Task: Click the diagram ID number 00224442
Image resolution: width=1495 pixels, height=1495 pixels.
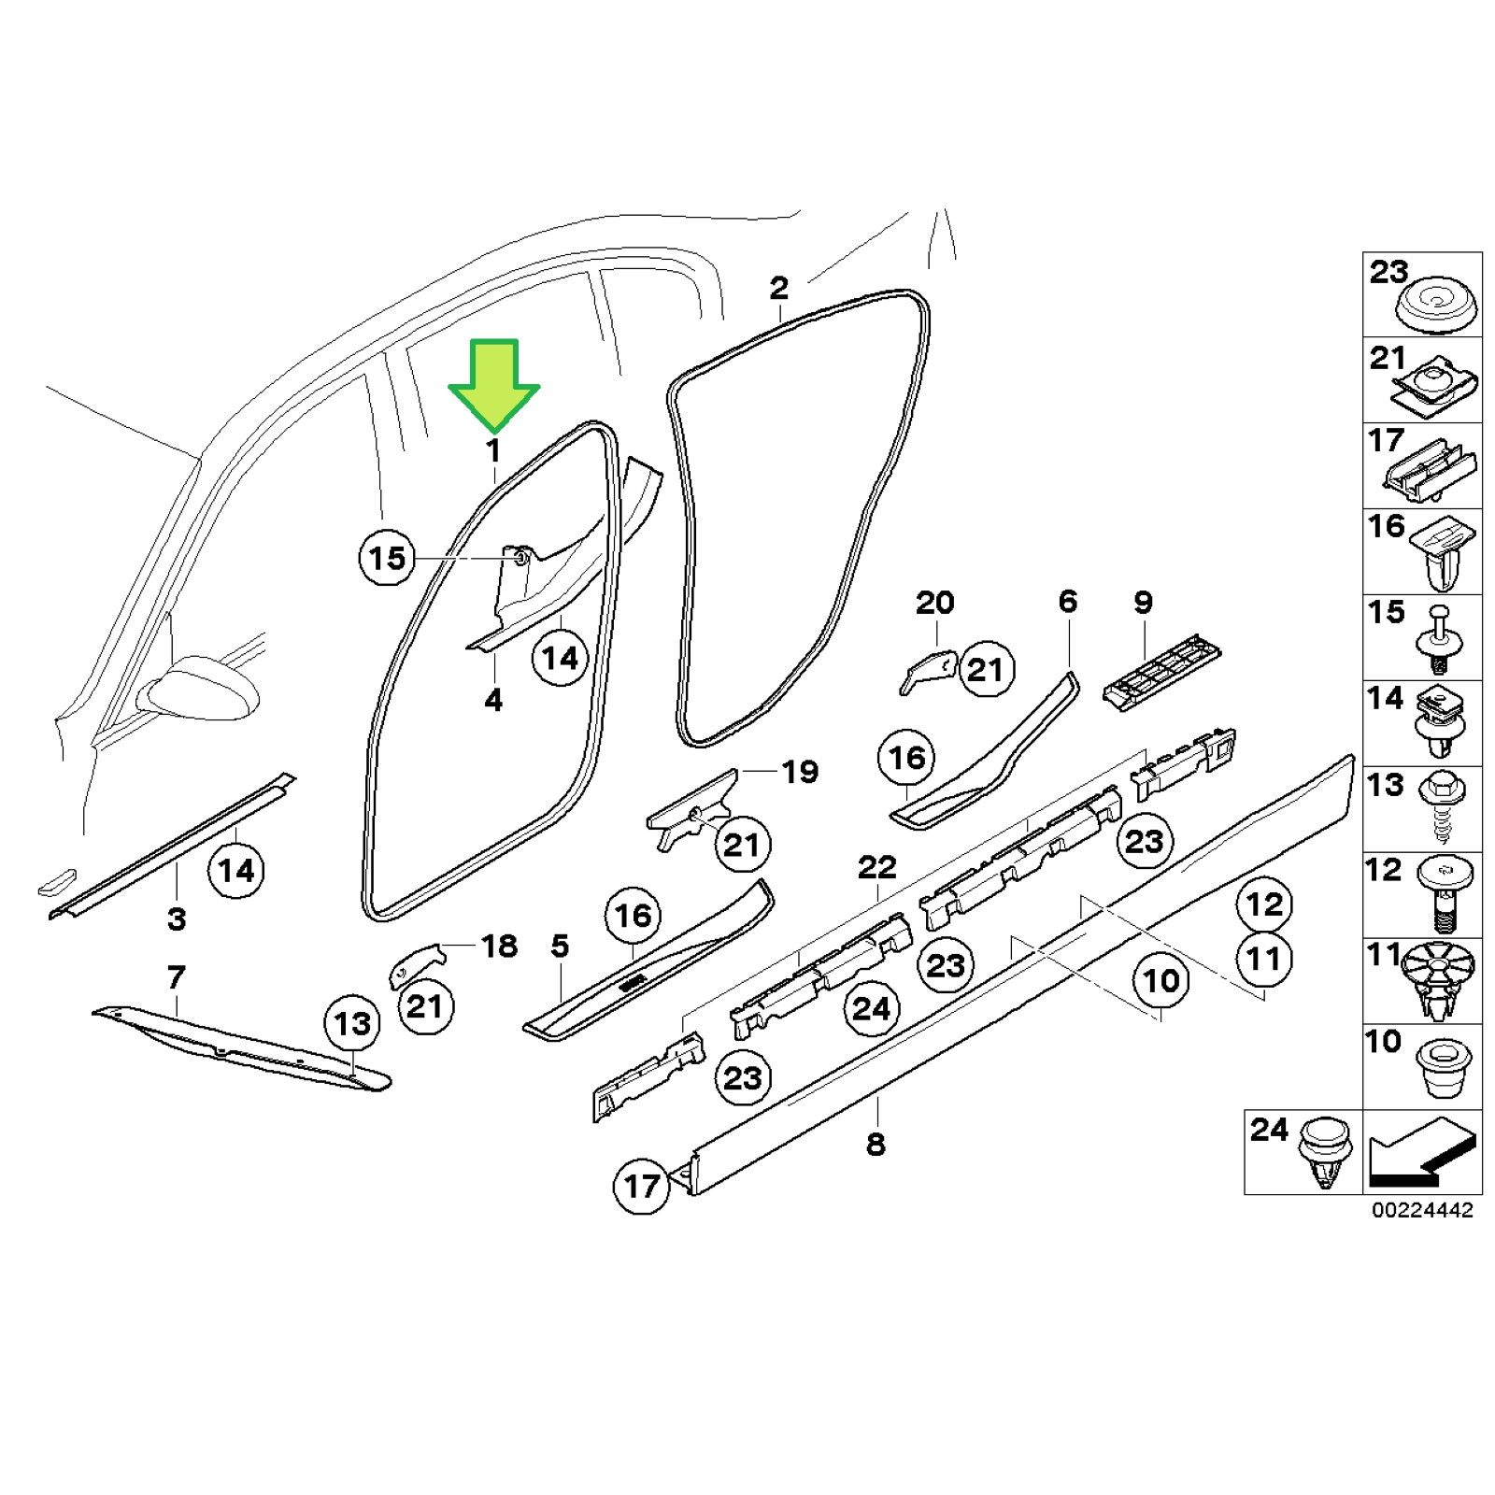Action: click(1421, 1210)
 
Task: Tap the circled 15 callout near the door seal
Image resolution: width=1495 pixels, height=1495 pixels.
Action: click(387, 558)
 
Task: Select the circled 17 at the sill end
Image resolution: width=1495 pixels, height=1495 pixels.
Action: click(641, 1187)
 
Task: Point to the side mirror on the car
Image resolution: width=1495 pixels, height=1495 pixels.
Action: click(201, 689)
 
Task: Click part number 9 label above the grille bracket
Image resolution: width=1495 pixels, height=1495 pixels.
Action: click(1143, 603)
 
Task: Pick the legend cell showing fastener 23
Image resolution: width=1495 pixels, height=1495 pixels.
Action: click(1421, 295)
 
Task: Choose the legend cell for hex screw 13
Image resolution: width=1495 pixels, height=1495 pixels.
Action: click(1421, 809)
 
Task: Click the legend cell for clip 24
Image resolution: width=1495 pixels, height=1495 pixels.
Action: click(1303, 1152)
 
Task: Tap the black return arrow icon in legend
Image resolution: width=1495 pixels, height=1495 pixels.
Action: click(1421, 1152)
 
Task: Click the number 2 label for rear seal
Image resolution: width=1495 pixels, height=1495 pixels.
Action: click(778, 288)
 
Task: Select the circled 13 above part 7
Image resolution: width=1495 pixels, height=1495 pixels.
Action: click(352, 1023)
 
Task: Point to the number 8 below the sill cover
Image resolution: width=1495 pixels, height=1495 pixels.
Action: click(876, 1145)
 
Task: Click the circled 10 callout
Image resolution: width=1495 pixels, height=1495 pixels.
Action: click(1160, 981)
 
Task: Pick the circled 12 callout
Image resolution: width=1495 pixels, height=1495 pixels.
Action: click(1264, 904)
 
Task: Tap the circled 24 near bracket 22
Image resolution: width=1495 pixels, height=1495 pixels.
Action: click(871, 1009)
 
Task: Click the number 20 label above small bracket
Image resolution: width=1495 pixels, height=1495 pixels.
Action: click(934, 603)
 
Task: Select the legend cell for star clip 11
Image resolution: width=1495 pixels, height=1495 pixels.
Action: click(1421, 981)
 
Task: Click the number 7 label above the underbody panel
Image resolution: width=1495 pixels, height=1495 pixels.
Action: click(177, 977)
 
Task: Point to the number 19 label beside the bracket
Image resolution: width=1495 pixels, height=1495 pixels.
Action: click(800, 772)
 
